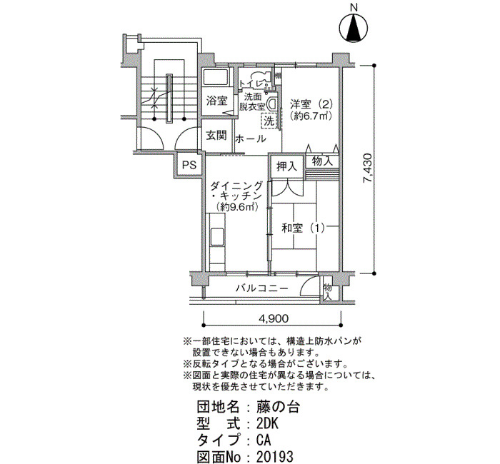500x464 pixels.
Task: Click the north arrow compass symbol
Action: [x=354, y=28]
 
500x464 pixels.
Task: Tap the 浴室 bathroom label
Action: [x=216, y=101]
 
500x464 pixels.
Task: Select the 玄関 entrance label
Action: [x=216, y=135]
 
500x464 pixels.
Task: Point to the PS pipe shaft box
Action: [x=189, y=166]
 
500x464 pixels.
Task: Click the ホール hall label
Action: [x=251, y=139]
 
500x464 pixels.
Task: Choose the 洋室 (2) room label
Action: [x=311, y=104]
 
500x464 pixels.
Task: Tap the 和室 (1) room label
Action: [x=303, y=228]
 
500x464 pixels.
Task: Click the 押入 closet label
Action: [x=286, y=166]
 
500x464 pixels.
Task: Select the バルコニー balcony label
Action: [x=262, y=288]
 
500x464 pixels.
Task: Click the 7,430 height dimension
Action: [x=367, y=169]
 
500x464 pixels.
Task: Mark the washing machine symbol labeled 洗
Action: [x=270, y=121]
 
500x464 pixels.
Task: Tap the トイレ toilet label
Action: [x=251, y=84]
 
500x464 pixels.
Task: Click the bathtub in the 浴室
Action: [x=216, y=77]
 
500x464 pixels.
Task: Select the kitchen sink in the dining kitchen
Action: [x=217, y=237]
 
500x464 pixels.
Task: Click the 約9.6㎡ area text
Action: [x=237, y=207]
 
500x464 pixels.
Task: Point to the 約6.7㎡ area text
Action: [x=311, y=116]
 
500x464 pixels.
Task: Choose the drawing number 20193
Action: [x=274, y=457]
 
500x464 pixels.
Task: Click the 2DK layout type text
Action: [x=267, y=424]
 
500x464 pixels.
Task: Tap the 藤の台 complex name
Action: [x=277, y=408]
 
